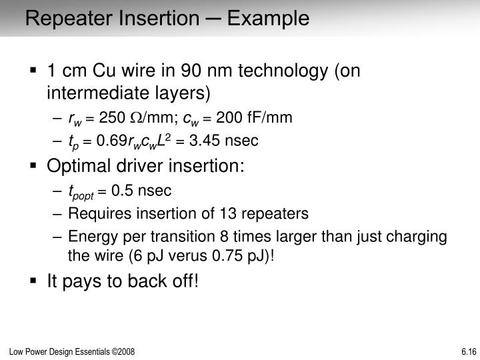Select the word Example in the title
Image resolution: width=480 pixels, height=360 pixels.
pos(268,18)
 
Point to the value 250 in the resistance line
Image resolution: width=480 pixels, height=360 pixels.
pos(112,119)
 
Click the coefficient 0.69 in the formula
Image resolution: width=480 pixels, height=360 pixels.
pos(111,141)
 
